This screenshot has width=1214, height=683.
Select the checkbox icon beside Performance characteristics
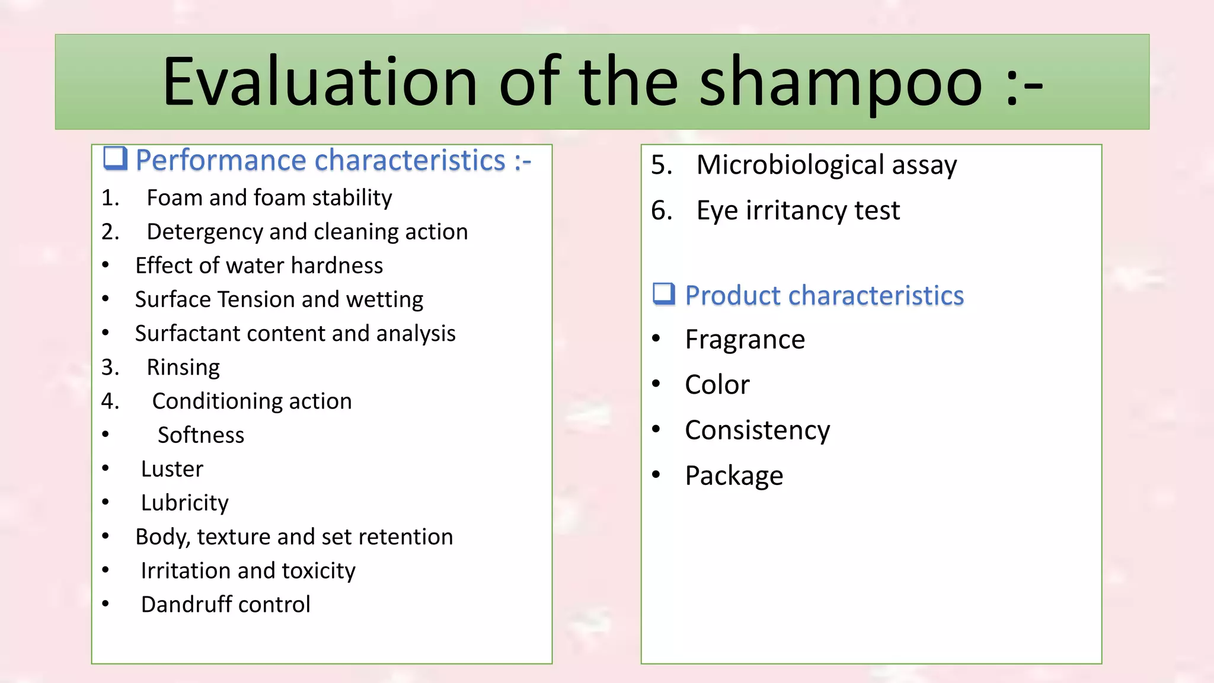(115, 158)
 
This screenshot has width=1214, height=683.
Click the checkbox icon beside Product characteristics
(664, 293)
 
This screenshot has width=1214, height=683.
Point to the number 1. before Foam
(110, 198)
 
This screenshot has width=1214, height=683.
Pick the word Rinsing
(183, 368)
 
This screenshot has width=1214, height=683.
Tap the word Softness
(201, 435)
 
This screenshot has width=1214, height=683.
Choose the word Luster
(172, 469)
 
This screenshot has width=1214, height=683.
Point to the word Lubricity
(184, 503)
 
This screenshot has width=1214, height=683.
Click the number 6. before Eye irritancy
(662, 210)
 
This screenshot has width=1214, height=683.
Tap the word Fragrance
(745, 340)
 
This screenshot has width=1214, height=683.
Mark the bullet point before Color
(656, 384)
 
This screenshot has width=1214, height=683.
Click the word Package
(734, 475)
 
